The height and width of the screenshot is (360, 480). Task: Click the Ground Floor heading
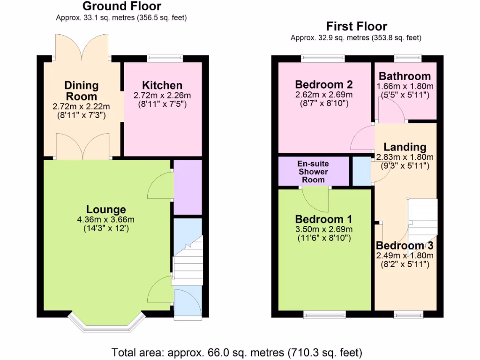122,7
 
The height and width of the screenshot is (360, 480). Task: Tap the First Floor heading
357,26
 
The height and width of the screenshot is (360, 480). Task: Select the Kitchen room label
162,85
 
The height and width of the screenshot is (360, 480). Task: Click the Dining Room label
82,90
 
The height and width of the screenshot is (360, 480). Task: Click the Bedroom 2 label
323,85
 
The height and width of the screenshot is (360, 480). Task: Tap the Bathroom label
405,76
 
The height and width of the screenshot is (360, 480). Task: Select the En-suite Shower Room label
313,172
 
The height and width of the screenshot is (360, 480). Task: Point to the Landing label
405,147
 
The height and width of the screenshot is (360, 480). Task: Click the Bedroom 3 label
405,246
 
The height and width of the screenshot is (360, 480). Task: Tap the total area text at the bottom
237,352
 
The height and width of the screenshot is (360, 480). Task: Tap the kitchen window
165,58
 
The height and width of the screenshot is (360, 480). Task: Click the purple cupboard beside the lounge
187,187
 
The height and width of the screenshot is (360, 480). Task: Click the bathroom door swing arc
390,112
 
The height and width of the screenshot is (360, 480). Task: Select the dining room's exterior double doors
82,47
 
